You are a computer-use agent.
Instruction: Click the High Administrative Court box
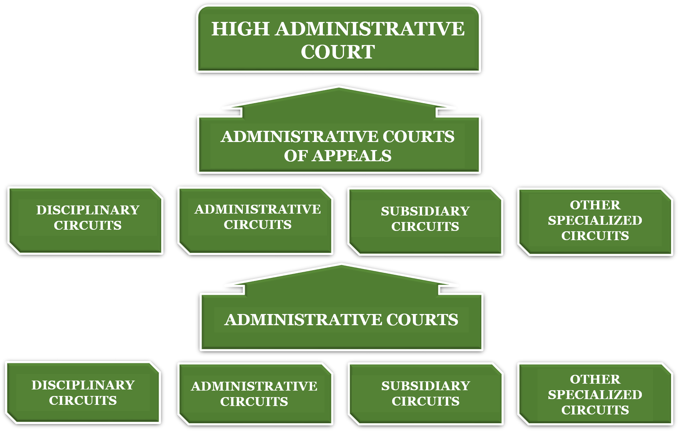(338, 39)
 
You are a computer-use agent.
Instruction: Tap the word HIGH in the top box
(240, 29)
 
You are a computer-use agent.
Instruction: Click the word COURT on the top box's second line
(338, 52)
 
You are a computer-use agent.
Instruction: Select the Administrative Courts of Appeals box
(339, 145)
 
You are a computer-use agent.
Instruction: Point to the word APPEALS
(352, 156)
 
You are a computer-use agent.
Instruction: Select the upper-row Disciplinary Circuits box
(86, 221)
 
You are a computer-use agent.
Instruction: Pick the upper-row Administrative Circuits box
(256, 220)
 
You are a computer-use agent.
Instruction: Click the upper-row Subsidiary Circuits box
(425, 221)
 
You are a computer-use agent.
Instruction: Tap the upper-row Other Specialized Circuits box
(595, 221)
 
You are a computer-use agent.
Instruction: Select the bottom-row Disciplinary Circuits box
(83, 392)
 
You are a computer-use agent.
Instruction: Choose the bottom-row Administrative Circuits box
(255, 393)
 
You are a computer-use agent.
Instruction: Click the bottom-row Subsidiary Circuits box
(426, 393)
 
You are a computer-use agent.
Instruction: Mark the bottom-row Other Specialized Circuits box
(595, 394)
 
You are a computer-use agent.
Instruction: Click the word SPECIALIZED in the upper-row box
(595, 221)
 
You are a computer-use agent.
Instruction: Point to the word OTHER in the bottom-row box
(595, 379)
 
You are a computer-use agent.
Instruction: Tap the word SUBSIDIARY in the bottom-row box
(426, 386)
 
